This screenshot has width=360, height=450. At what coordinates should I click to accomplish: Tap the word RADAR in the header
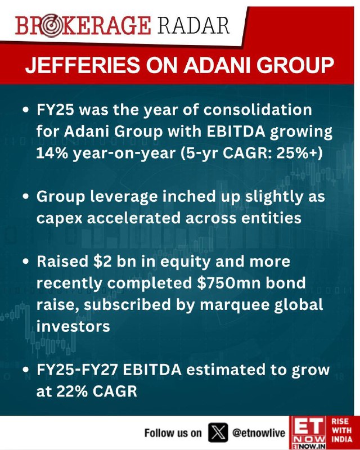coord(193,25)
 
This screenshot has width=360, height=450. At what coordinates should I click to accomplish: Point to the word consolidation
coord(258,109)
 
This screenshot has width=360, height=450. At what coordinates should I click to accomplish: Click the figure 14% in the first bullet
coord(52,153)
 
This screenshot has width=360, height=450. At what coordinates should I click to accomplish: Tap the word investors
coord(73,326)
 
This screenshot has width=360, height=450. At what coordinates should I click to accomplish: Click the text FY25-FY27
coord(77,370)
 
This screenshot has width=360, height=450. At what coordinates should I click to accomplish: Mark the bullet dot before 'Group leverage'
coord(26,197)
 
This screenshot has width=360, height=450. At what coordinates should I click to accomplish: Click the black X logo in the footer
coord(218,433)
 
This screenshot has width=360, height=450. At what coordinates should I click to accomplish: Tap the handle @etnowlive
coord(259,433)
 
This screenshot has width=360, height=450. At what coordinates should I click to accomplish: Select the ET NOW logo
coord(308,433)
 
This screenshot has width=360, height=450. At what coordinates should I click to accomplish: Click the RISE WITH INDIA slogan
coord(341,430)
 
